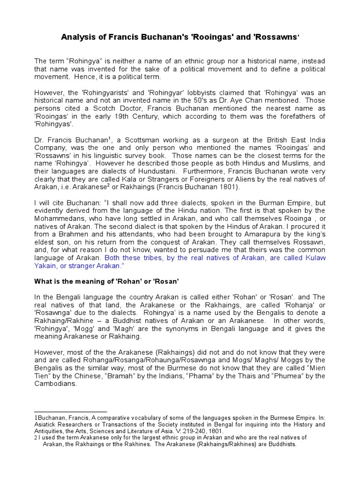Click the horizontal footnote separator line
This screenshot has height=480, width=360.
pyautogui.click(x=71, y=412)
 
